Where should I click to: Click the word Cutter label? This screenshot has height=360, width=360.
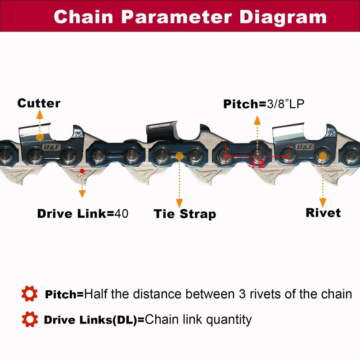pos(39,103)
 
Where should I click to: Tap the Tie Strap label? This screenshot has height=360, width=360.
pos(184,214)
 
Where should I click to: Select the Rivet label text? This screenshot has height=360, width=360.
pos(323,212)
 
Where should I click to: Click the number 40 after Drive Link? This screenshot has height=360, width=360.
pos(121,213)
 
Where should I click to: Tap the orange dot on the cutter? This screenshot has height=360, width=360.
pos(40,136)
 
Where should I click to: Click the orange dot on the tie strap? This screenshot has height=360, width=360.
pos(180,156)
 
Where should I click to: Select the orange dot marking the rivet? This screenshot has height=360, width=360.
pos(322,156)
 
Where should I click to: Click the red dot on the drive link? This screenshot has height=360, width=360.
pos(81,171)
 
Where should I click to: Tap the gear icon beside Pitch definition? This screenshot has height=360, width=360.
pos(30,294)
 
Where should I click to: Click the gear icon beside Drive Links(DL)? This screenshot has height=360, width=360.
pos(30,320)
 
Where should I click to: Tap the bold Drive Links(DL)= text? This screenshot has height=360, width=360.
pos(94,320)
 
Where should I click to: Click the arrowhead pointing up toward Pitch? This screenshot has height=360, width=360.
pos(257,119)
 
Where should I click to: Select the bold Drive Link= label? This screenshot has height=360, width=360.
pos(76,214)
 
